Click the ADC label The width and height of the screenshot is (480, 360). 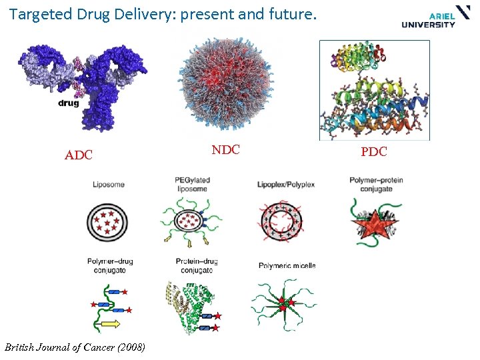(x=78, y=156)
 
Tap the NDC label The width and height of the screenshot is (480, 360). (x=226, y=150)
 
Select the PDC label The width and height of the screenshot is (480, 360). (x=373, y=152)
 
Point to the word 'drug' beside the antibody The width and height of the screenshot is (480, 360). (x=68, y=103)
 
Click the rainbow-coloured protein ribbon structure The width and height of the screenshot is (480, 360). (x=375, y=90)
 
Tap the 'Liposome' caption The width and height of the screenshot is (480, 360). (x=109, y=185)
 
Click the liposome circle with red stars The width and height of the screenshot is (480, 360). (x=107, y=221)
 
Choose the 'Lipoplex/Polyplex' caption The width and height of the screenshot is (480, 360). (x=285, y=184)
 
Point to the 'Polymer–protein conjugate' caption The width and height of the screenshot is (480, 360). (x=376, y=184)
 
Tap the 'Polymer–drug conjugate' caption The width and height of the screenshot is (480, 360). (x=110, y=265)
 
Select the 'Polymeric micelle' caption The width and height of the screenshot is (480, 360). (x=287, y=265)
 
